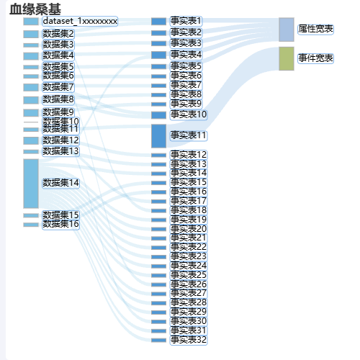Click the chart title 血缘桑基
pos(35,9)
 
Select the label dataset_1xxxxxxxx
pos(80,21)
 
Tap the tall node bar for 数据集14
pos(31,184)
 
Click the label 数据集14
pos(60,183)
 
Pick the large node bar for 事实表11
pos(158,136)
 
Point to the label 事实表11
pos(189,135)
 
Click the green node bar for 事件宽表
pos(287,59)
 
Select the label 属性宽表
pos(315,29)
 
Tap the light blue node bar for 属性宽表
pos(287,30)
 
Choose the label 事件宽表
pos(315,58)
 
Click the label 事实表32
pos(189,340)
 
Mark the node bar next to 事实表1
pos(158,22)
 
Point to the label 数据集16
pos(60,224)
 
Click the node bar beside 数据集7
pos(31,87)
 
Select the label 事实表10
pos(189,114)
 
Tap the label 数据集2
pos(58,34)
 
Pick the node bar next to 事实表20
pos(158,229)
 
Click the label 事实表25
pos(189,275)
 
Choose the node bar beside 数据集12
pos(31,140)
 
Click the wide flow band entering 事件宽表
pos(223,96)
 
